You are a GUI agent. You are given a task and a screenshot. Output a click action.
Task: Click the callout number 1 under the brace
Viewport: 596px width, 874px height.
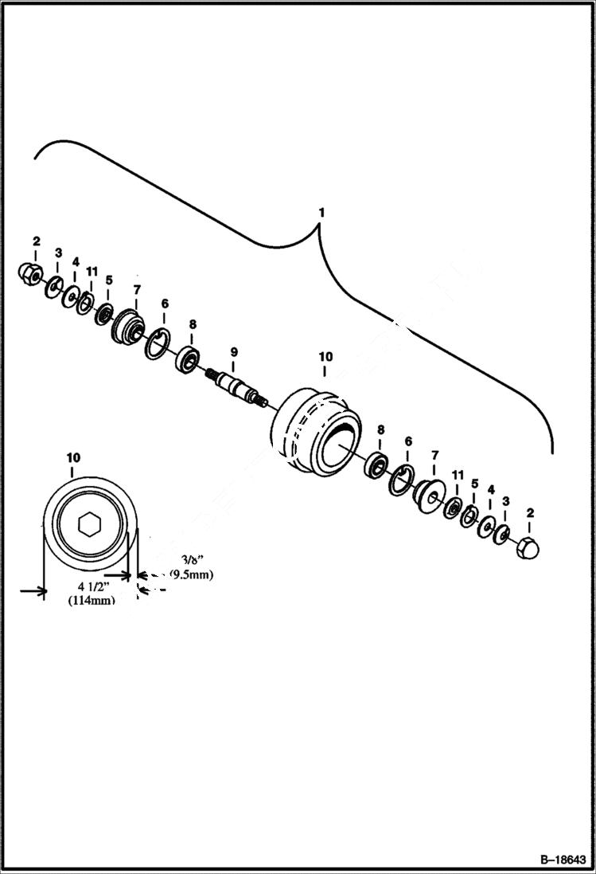(321, 214)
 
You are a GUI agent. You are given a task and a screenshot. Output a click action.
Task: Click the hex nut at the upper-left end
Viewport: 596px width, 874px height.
(30, 272)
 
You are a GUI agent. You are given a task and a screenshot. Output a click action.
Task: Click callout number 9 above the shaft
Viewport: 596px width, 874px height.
(234, 351)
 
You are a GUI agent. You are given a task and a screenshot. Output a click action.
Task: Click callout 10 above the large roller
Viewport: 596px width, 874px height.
(325, 356)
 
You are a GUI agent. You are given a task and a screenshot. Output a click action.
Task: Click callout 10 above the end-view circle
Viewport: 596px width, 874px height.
(73, 457)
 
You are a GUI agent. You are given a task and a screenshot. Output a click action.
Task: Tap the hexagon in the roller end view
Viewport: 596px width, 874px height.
(89, 524)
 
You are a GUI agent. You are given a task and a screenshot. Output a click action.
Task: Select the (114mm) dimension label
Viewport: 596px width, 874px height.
(92, 601)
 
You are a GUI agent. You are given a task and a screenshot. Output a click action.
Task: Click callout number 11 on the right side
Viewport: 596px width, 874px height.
(458, 475)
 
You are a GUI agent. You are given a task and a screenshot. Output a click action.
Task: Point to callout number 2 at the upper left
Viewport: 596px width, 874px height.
(36, 241)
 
